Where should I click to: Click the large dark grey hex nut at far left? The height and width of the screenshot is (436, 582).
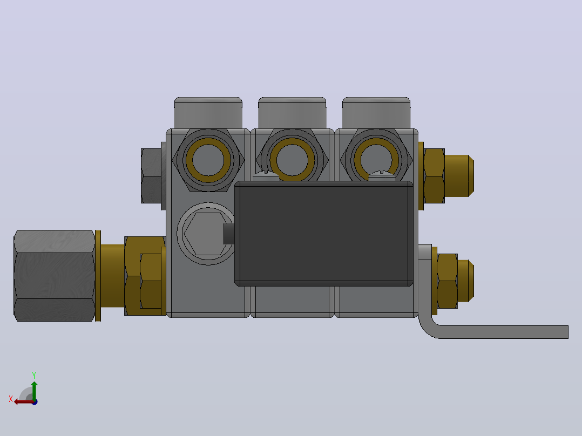54,275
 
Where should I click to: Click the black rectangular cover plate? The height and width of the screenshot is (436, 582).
324,234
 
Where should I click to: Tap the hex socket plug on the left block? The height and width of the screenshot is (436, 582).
206,234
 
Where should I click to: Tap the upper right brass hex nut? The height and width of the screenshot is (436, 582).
434,176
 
